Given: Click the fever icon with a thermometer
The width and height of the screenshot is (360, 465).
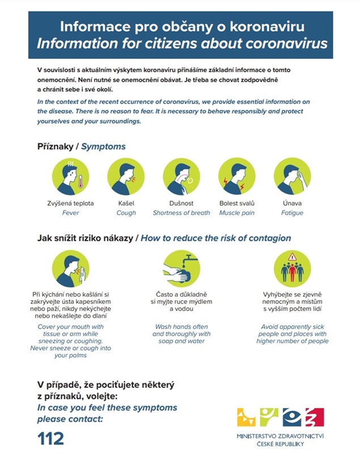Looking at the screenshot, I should [70, 176].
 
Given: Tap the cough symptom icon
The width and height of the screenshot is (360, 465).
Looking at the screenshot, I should [126, 176].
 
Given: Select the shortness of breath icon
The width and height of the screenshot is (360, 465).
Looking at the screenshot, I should [181, 176].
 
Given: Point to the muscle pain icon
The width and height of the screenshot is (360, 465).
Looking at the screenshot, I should [237, 176].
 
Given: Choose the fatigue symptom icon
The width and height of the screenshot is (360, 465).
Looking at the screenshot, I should [292, 176].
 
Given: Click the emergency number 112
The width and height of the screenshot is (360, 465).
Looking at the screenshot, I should [50, 438].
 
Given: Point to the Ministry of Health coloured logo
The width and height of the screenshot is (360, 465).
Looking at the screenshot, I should [281, 418].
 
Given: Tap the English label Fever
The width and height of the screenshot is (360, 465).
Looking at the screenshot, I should [70, 213].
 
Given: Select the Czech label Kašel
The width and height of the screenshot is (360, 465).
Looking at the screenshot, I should [126, 203].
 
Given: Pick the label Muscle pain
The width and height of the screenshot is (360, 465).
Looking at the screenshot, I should [237, 213].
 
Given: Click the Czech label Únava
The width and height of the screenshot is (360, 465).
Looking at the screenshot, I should [292, 203].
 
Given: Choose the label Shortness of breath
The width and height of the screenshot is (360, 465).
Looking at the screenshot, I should [181, 213].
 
